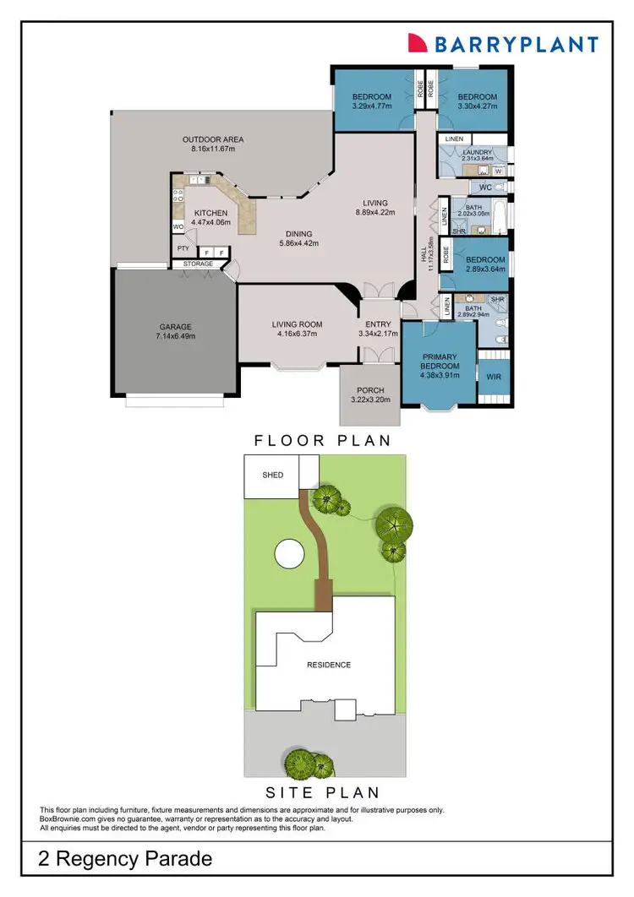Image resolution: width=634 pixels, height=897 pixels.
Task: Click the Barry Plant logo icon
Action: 418,43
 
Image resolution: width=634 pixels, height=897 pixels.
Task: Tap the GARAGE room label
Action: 176,327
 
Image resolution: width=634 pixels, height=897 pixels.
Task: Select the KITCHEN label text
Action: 210,213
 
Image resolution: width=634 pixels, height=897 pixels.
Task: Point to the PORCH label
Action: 370,389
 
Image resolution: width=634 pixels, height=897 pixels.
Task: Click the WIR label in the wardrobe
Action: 494,378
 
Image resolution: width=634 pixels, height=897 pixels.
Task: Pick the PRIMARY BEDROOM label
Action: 440,361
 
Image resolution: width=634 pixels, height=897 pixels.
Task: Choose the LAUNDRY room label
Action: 477,153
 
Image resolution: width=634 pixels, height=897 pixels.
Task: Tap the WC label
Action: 485,187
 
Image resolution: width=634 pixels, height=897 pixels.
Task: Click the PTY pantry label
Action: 183,249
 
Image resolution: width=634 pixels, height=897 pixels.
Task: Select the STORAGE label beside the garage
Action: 198,264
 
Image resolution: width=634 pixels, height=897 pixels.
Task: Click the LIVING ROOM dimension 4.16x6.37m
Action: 293,334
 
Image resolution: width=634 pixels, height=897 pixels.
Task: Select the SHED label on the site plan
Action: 272,475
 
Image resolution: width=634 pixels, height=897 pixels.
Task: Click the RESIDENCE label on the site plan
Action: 328,665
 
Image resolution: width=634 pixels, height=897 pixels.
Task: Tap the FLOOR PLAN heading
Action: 323,440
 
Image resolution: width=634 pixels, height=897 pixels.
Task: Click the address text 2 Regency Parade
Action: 125,861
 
